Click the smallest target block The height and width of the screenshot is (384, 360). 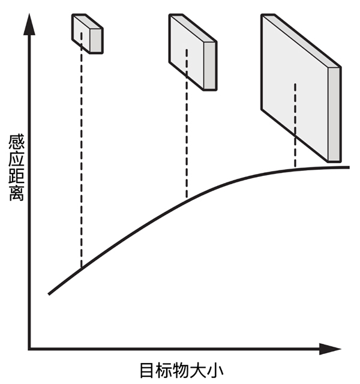coord(88,32)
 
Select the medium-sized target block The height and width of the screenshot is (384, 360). coord(192,52)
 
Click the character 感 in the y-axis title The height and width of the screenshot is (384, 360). coord(17,145)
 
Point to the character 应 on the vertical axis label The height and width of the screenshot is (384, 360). coord(17,161)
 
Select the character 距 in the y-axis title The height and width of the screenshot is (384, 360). coord(17,177)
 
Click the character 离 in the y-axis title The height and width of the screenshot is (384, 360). coord(17,193)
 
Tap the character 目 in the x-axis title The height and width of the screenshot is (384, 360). coord(148,369)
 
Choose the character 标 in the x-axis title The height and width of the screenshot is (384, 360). coord(165,369)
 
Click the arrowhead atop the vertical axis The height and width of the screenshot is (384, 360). coord(28,24)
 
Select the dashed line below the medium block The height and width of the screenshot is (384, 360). coord(187,144)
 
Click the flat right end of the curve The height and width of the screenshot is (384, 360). coord(347,166)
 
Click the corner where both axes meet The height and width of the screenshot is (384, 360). coord(29,349)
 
